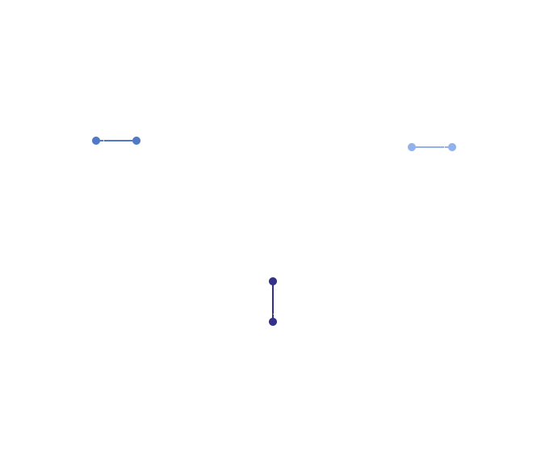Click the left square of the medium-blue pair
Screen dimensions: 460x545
(95, 141)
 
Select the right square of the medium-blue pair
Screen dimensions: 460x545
(136, 140)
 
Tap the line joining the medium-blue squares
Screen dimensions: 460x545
(118, 140)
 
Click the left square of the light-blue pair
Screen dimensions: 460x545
(412, 147)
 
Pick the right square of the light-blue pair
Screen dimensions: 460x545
(452, 147)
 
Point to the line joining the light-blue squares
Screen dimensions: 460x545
(430, 147)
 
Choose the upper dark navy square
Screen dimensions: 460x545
(273, 281)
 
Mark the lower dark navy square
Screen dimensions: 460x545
(273, 322)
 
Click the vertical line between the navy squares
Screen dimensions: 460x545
(272, 300)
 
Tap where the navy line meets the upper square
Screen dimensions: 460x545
(272, 287)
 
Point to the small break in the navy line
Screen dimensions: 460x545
(272, 314)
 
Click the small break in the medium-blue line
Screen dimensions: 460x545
(103, 140)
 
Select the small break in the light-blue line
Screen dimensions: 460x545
(446, 147)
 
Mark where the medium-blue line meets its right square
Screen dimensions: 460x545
(131, 140)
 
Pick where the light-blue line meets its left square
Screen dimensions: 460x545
(417, 147)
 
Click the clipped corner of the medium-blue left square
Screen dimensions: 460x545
(91, 136)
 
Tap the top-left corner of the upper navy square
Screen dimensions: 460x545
(268, 276)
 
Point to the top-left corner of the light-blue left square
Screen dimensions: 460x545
(407, 142)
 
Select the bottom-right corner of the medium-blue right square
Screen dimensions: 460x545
(140, 145)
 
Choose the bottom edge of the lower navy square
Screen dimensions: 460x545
(273, 327)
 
